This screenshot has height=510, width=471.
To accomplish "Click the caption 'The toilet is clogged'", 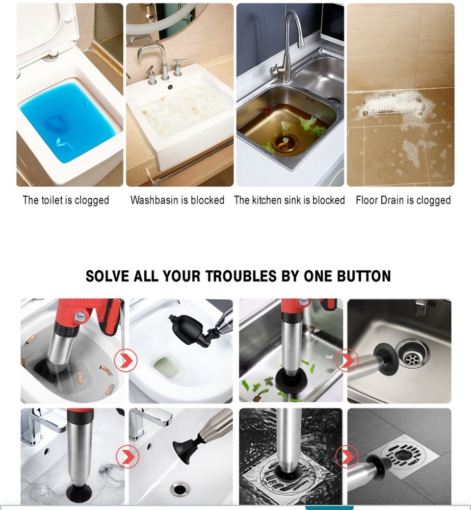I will [x=66, y=200].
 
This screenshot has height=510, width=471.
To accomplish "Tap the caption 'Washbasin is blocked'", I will [x=177, y=200].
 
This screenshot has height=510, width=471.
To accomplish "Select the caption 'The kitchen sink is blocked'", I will [x=290, y=200].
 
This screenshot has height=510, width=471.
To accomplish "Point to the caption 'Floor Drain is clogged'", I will [x=403, y=200].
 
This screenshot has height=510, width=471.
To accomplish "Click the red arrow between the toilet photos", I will [x=125, y=362].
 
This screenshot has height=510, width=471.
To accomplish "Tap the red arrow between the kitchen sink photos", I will [x=347, y=362].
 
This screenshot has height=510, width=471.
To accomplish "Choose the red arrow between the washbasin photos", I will [x=125, y=455].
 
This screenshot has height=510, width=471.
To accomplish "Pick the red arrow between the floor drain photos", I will [x=347, y=455].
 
